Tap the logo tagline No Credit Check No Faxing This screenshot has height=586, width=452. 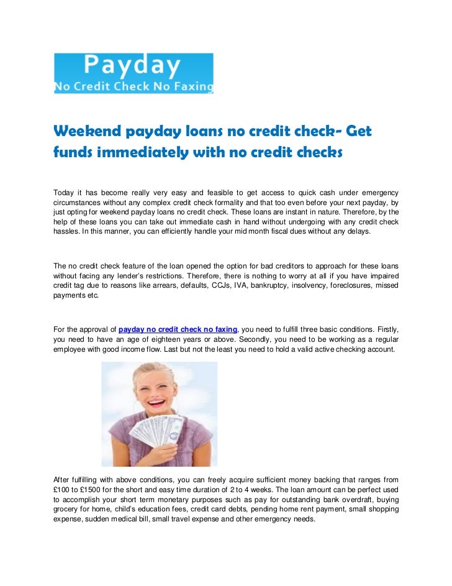[133, 86]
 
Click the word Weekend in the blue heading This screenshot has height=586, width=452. [87, 132]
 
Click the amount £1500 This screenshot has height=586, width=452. [90, 490]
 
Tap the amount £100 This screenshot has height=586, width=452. [61, 490]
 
